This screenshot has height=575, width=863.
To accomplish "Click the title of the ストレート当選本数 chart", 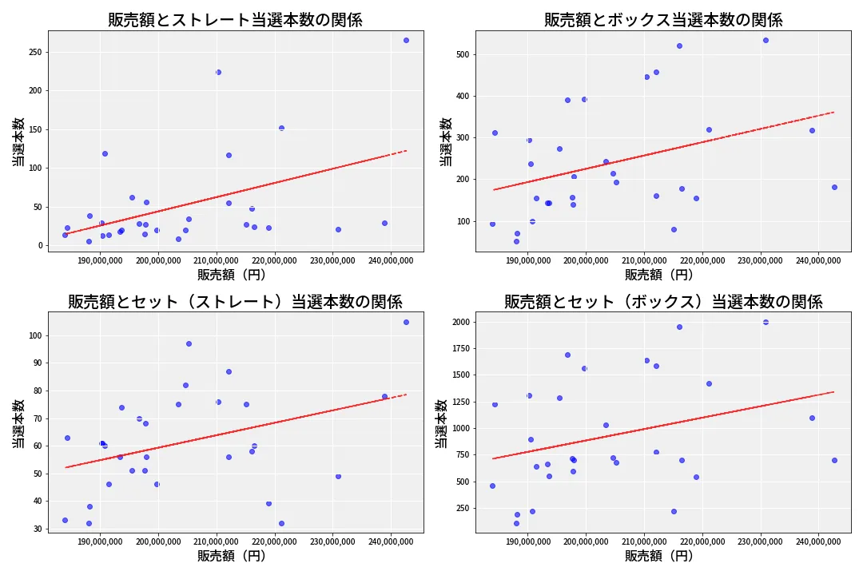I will (x=235, y=20).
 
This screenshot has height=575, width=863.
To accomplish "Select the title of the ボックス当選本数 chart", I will (x=663, y=20).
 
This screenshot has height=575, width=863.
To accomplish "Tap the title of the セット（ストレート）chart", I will (x=235, y=302).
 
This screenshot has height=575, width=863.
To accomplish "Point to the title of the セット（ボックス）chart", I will (x=663, y=302).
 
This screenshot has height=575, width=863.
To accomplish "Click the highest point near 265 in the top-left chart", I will (x=406, y=40).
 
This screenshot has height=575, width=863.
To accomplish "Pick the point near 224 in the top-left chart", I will (x=218, y=72).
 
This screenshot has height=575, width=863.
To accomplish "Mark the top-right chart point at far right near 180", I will (x=834, y=187).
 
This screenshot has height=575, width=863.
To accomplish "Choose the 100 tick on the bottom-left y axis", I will (x=34, y=335).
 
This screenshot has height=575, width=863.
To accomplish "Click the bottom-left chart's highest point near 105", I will (x=406, y=322).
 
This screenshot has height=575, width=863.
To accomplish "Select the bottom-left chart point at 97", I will (x=189, y=343).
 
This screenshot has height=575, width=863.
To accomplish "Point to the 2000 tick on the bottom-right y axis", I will (x=459, y=322).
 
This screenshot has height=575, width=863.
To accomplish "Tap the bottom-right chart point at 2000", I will (x=766, y=322).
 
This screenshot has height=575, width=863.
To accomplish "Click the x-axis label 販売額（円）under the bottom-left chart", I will (x=232, y=556).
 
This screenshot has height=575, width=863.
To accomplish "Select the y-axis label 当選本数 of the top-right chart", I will (x=446, y=141).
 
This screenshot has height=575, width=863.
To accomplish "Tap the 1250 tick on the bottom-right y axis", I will (x=459, y=402).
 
